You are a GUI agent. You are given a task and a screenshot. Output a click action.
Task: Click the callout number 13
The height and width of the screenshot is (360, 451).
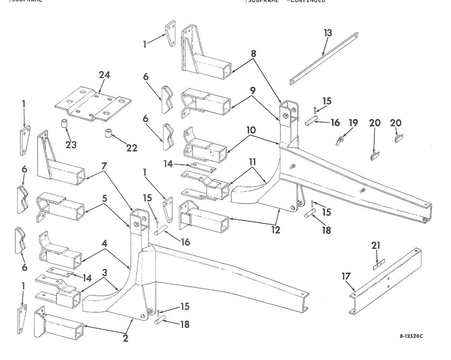(x=328, y=33)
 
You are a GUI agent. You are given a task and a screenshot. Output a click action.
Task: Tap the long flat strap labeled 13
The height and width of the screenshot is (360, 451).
(x=323, y=58)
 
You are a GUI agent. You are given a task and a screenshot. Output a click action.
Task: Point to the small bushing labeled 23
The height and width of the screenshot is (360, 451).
(x=64, y=124)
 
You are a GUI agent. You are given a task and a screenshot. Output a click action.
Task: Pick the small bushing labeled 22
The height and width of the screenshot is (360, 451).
(x=108, y=134)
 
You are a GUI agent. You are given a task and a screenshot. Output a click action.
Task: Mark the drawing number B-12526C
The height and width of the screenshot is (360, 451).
(x=414, y=336)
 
